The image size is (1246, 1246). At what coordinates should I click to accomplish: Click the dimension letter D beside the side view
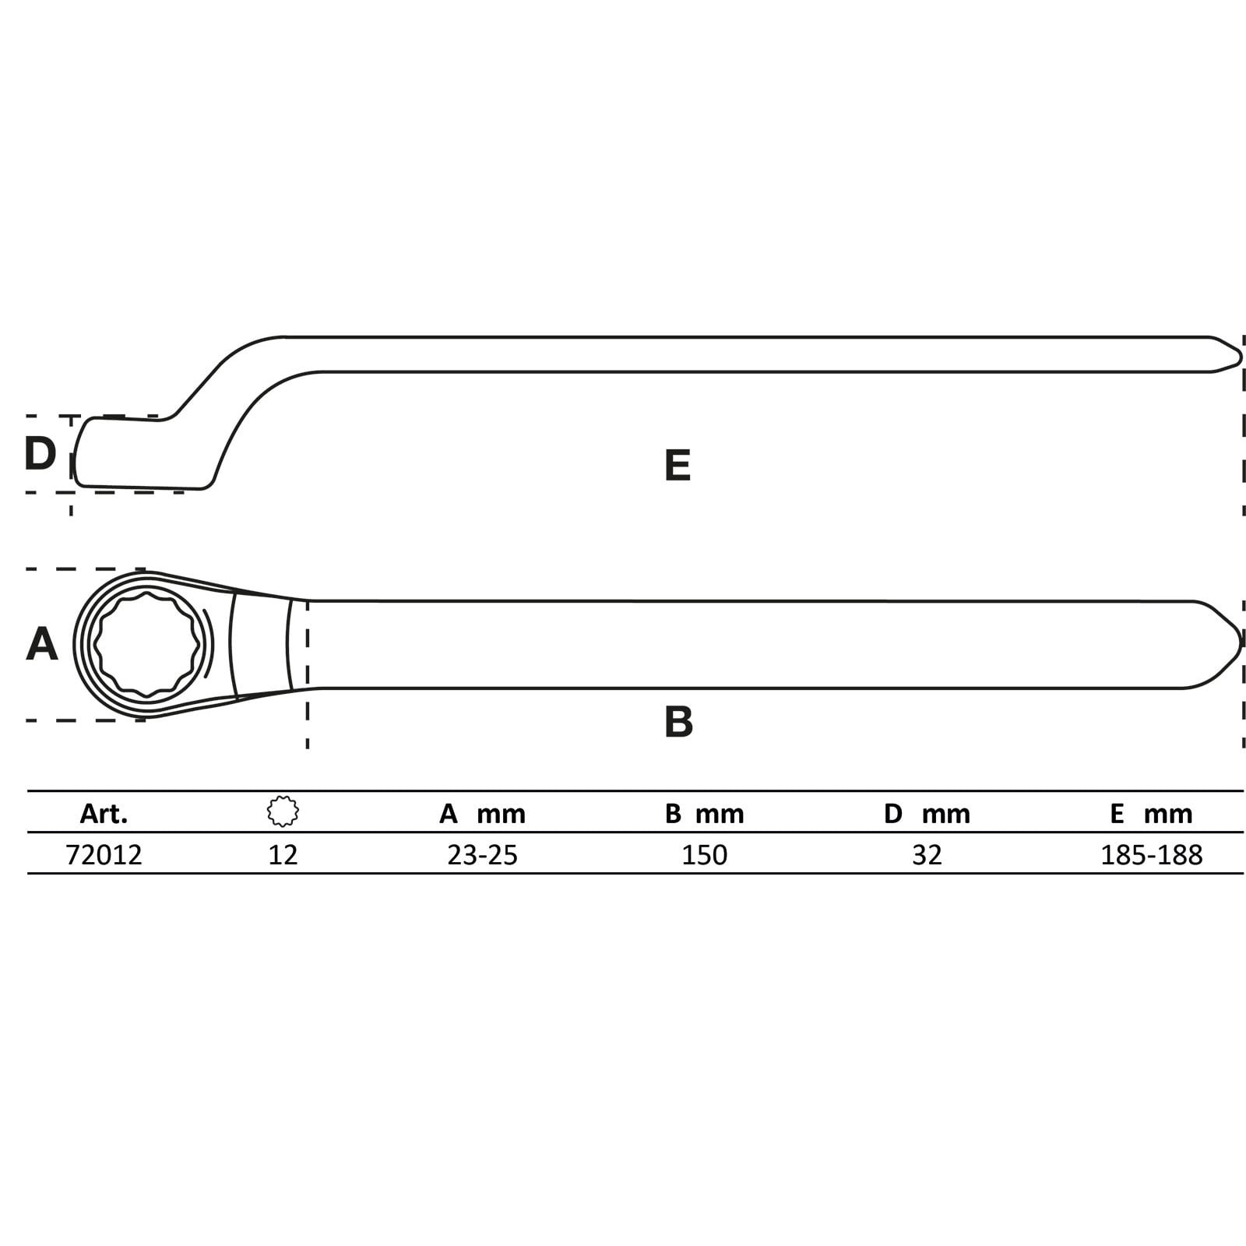pos(40,453)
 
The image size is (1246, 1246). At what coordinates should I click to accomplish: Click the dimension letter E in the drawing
pos(678,465)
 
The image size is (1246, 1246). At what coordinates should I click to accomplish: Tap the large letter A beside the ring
pos(42,644)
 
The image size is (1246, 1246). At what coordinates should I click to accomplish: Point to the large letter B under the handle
pos(678,722)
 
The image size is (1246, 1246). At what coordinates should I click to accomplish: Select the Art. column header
pos(104,814)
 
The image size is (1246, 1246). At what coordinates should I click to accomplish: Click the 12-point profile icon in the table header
pos(283,811)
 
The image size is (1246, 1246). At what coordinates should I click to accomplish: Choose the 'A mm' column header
pos(482,814)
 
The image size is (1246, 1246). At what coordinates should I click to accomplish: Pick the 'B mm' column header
pos(705,814)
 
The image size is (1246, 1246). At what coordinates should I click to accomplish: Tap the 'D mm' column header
pos(927,814)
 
